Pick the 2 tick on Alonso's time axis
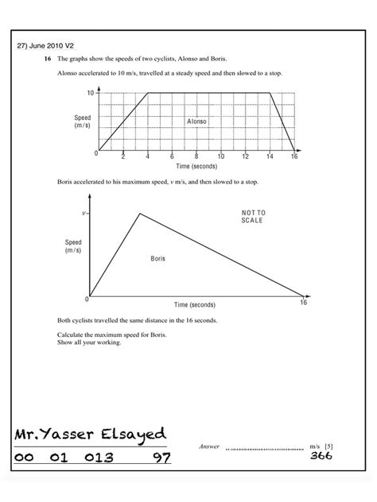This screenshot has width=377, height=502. (123, 157)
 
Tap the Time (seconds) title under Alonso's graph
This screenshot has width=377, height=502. (196, 167)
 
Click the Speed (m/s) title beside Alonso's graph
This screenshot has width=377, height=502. (83, 122)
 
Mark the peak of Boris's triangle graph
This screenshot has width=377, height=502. (141, 213)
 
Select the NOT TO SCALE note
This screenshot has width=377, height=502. (253, 216)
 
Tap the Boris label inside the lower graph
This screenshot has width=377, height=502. (157, 259)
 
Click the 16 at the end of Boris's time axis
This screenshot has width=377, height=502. (303, 303)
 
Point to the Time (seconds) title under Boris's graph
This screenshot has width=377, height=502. (195, 305)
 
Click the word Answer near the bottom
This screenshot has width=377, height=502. (208, 447)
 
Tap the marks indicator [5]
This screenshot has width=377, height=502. (328, 447)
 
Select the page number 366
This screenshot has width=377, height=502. (321, 457)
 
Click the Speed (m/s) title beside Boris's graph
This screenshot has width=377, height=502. (73, 246)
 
